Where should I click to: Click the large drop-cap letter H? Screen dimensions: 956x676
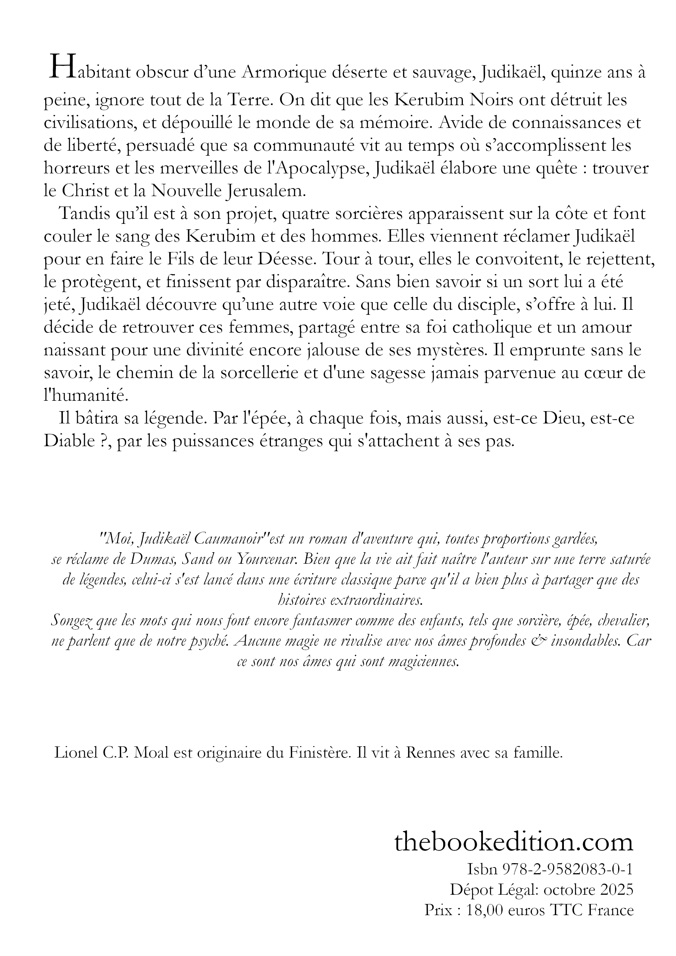(x=58, y=67)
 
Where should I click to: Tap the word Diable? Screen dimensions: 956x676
(x=69, y=441)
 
